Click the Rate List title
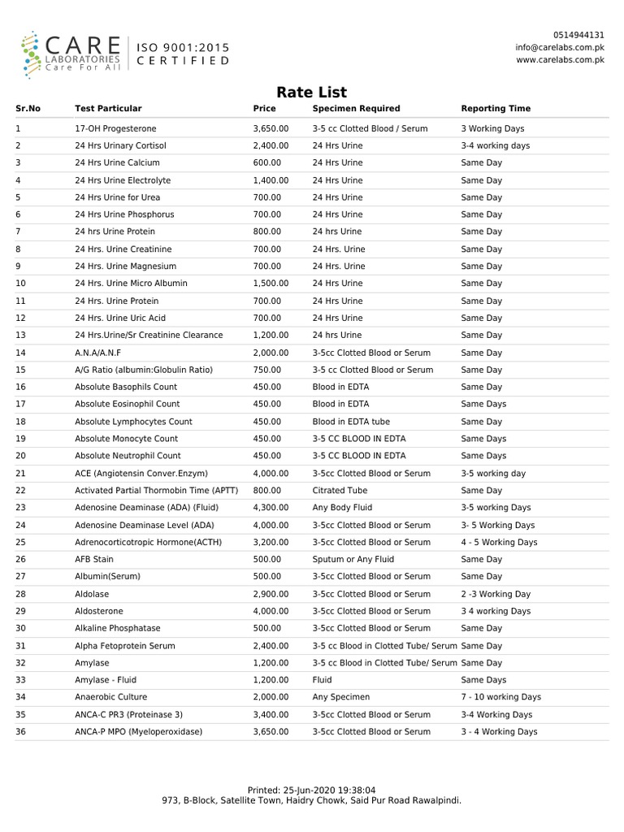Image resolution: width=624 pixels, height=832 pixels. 312,92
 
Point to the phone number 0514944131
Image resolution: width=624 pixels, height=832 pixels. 578,35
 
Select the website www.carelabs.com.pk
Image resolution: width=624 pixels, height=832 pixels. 560,59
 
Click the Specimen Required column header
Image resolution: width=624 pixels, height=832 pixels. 356,108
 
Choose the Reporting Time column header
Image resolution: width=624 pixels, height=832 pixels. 496,108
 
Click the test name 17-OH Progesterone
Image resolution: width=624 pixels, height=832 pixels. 115,128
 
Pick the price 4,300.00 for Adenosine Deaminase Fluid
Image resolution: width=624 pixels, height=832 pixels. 271,508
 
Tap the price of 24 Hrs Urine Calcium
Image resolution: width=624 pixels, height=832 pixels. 267,162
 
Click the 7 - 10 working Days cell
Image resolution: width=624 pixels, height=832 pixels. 500,697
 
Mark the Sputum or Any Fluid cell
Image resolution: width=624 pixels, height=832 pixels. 353,559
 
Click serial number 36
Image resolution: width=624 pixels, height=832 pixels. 21,731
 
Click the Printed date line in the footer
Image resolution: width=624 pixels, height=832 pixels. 311,790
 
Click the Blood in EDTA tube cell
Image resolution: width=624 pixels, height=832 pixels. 351,422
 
